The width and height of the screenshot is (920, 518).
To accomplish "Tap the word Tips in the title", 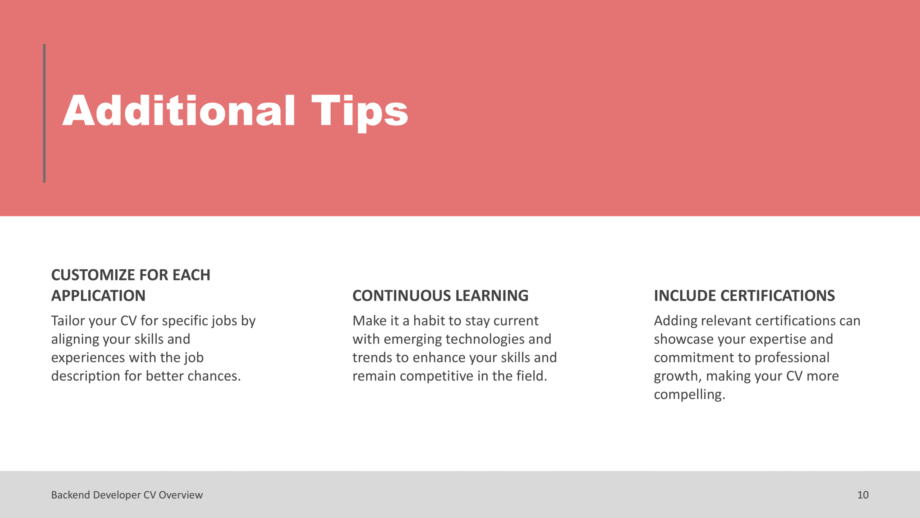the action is (x=360, y=113).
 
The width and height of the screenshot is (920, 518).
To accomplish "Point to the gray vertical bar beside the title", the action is (x=44, y=113).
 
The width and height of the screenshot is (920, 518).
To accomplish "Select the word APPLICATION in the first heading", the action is (x=98, y=296).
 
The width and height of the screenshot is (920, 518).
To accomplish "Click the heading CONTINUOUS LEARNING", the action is (x=440, y=296).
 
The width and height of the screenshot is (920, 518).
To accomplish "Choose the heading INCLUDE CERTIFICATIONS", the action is (x=744, y=296).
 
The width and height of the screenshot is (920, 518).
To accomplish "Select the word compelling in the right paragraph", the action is (x=690, y=395).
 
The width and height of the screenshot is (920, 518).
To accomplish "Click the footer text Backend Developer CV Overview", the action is (x=127, y=495).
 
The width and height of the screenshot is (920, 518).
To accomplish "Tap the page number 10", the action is (x=863, y=495).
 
